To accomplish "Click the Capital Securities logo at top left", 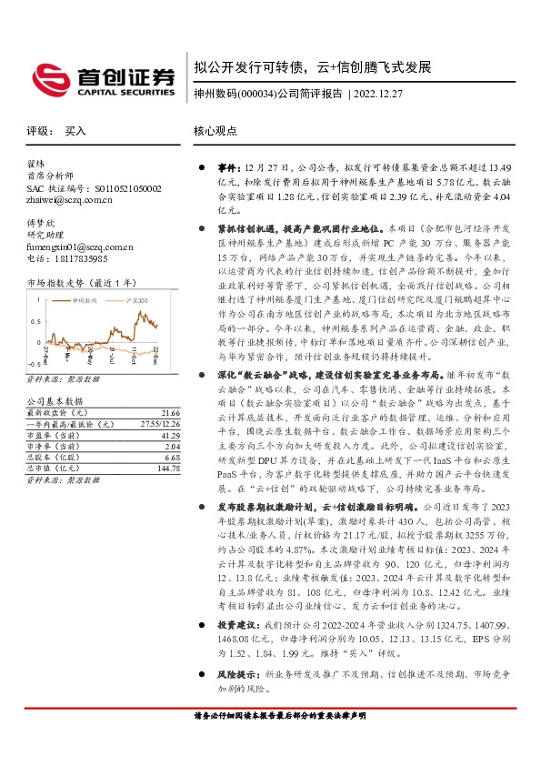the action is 101,78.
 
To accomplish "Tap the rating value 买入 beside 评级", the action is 75,132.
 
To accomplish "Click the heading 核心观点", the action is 215,132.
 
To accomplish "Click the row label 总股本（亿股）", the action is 54,459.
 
